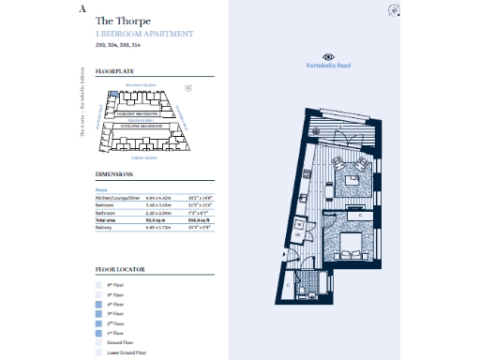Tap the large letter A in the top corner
tap(83, 7)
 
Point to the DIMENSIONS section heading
tap(114, 175)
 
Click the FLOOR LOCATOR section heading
tap(120, 269)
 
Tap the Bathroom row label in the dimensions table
tap(107, 212)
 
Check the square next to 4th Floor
tap(98, 304)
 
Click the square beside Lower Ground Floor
tap(98, 352)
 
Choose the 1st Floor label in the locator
tap(117, 333)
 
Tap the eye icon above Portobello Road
tap(327, 56)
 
